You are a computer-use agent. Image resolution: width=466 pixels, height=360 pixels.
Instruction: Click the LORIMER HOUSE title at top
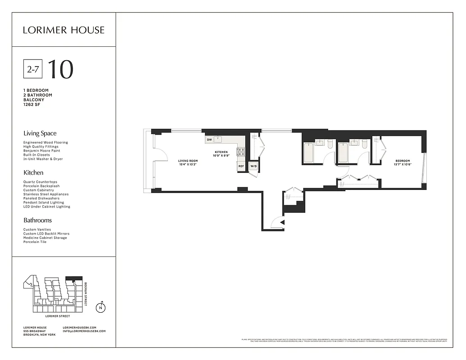pyautogui.click(x=63, y=30)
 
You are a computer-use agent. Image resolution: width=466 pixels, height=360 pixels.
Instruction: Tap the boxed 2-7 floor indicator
pyautogui.click(x=33, y=69)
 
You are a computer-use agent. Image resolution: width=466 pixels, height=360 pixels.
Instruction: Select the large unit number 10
pyautogui.click(x=60, y=69)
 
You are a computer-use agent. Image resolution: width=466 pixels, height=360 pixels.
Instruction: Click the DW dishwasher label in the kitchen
pyautogui.click(x=209, y=140)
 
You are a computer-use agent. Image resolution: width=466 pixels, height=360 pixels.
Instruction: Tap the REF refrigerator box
pyautogui.click(x=241, y=166)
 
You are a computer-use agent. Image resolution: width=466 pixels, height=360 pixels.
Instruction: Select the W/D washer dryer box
pyautogui.click(x=253, y=166)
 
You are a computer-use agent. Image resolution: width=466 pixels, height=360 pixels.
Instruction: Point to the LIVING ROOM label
pyautogui.click(x=188, y=161)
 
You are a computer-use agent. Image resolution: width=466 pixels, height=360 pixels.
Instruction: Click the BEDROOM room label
pyautogui.click(x=403, y=161)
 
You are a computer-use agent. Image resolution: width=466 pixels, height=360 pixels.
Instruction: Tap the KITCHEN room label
pyautogui.click(x=221, y=152)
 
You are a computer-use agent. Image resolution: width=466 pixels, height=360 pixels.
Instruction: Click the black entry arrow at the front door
pyautogui.click(x=282, y=222)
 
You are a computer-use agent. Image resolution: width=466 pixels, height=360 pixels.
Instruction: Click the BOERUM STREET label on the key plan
pyautogui.click(x=86, y=294)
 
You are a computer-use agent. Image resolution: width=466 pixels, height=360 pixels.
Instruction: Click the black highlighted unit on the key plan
pyautogui.click(x=74, y=279)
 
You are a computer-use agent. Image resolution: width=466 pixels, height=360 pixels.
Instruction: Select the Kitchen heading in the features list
pyautogui.click(x=33, y=172)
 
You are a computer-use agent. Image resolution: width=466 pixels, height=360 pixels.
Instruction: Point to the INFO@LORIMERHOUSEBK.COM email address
pyautogui.click(x=84, y=331)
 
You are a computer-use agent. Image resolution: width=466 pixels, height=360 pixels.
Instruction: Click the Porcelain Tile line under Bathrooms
pyautogui.click(x=35, y=242)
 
